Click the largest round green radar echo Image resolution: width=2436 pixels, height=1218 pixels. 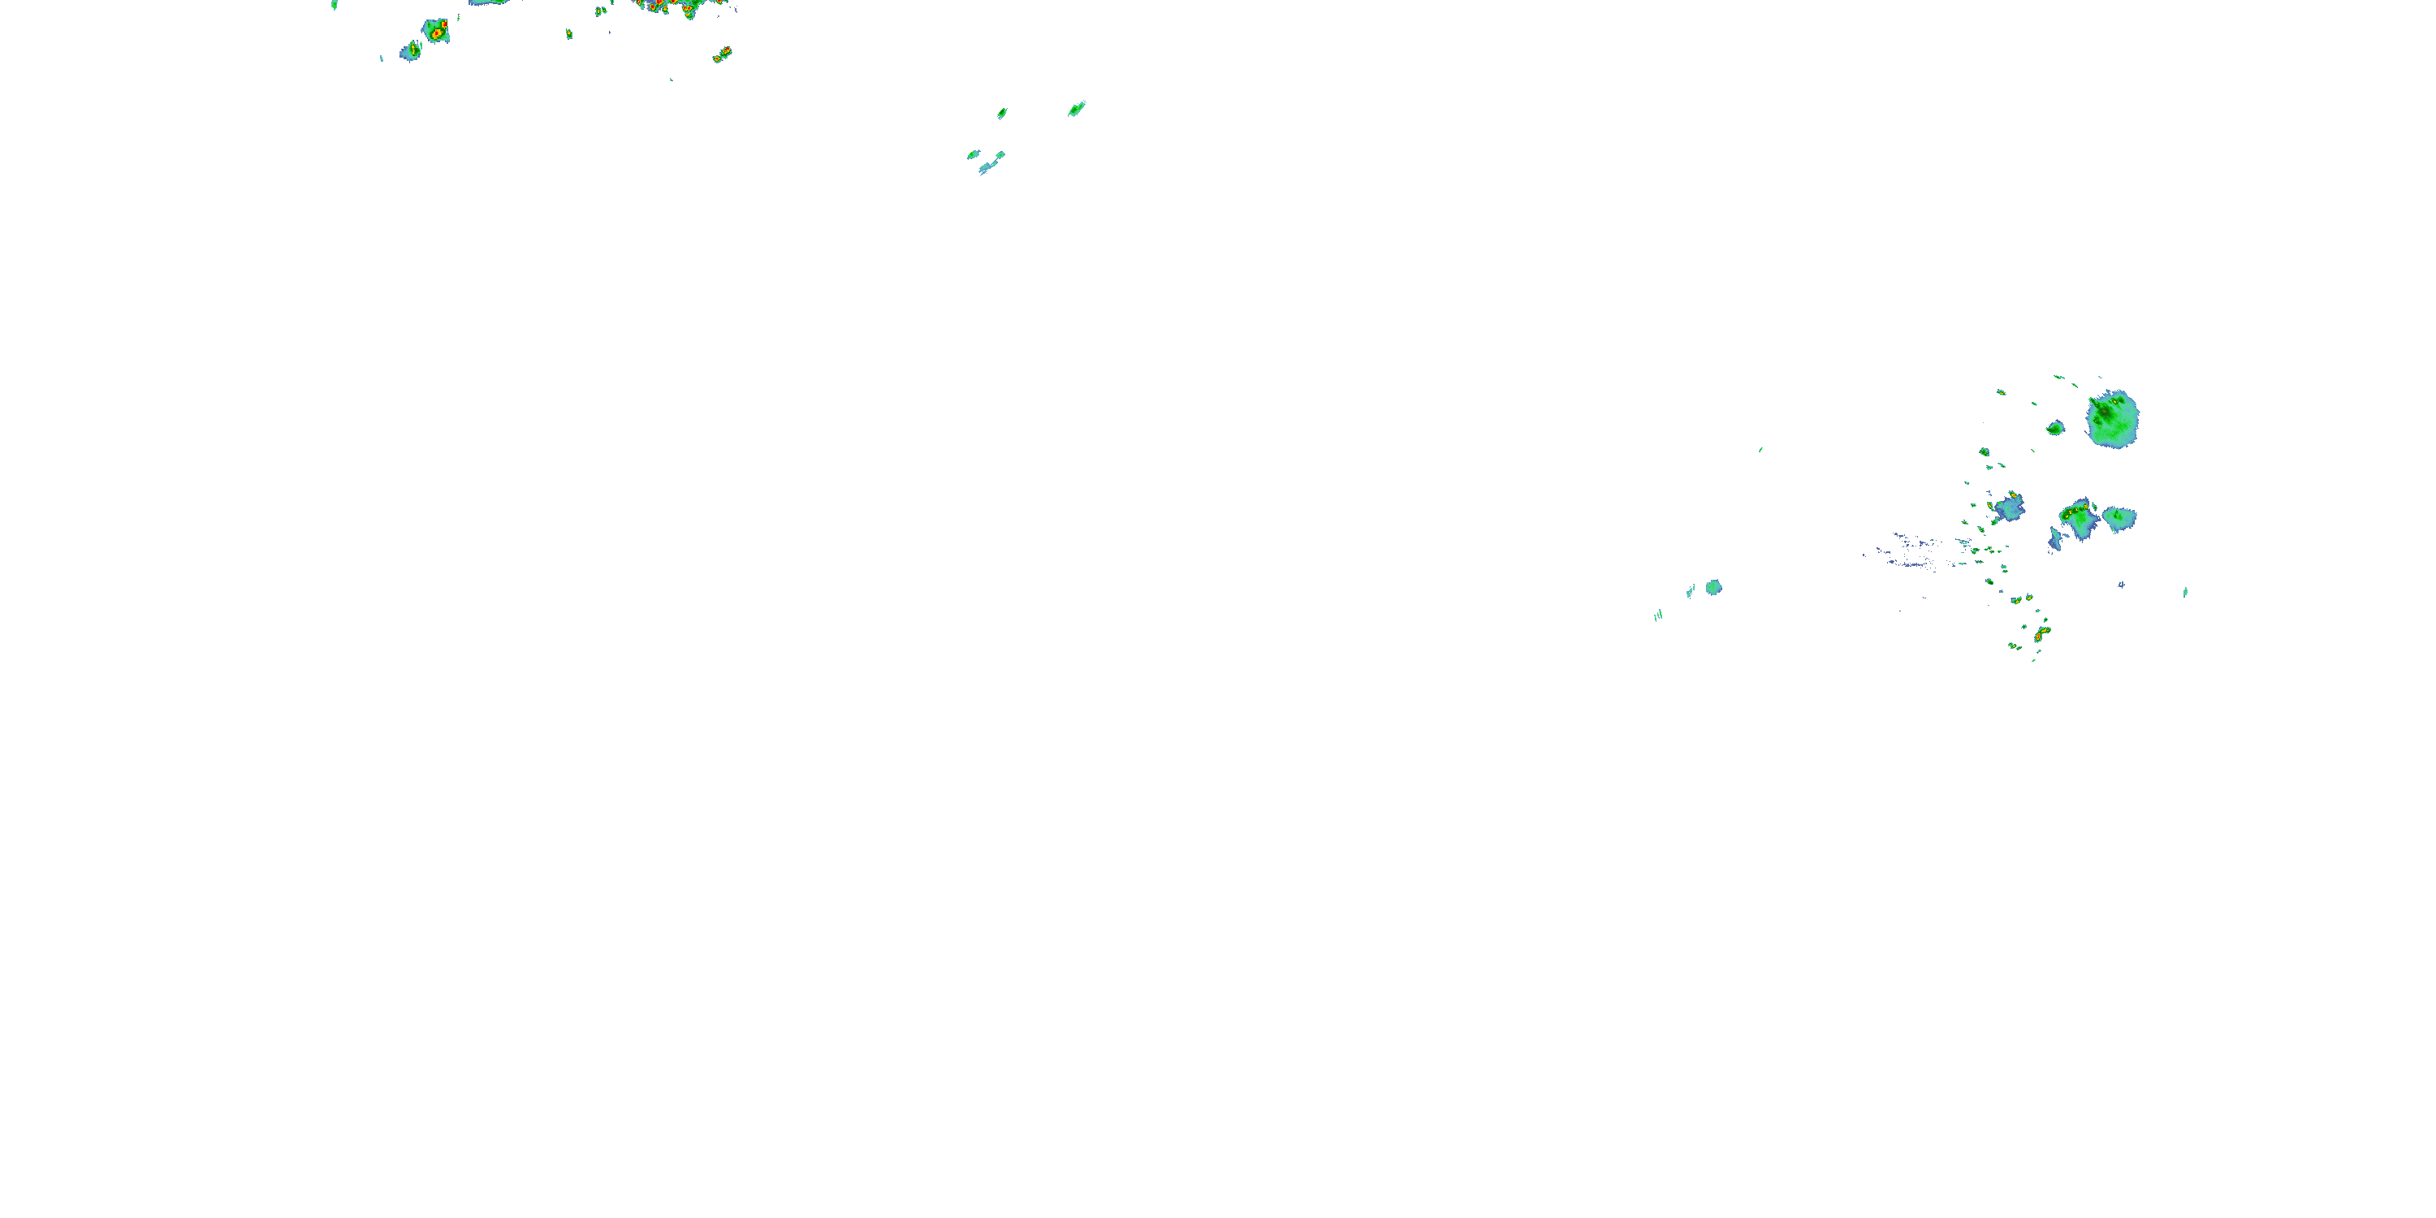point(2113,419)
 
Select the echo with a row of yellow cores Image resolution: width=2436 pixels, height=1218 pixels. point(2080,518)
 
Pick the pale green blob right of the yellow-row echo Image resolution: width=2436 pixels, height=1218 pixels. point(2119,518)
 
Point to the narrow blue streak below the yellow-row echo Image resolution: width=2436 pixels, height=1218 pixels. point(2054,540)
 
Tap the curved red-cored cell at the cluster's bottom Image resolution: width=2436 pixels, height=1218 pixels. point(2041,633)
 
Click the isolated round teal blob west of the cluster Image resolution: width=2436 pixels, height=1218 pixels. point(1713,587)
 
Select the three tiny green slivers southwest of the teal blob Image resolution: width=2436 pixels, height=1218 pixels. point(1658,615)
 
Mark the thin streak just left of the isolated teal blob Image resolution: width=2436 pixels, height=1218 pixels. point(1690,592)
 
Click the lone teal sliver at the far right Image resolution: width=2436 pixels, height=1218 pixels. point(2185,592)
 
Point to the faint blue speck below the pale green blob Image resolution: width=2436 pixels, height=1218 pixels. point(2121,585)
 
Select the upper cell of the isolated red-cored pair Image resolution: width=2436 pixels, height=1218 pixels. point(725,50)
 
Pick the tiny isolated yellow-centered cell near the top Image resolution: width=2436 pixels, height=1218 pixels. point(569,34)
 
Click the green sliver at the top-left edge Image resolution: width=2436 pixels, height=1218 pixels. point(335,5)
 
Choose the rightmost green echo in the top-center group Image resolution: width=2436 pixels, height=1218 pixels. point(1076,109)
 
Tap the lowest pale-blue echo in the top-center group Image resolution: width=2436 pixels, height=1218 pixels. point(987,168)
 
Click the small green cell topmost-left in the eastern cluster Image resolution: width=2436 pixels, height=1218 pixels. point(2001,391)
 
